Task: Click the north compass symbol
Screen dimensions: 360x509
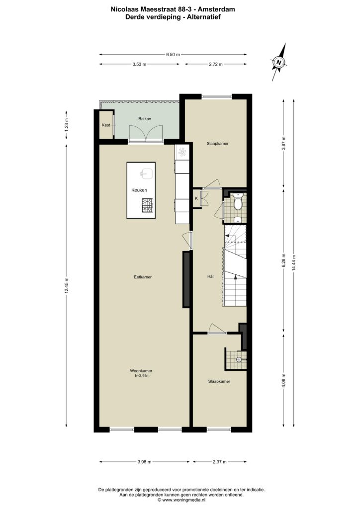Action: [x=279, y=62]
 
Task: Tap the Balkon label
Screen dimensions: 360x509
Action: [x=145, y=119]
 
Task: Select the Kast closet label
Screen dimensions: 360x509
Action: [x=106, y=125]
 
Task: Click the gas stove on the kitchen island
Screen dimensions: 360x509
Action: [x=147, y=205]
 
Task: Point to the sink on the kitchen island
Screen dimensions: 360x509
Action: [x=146, y=173]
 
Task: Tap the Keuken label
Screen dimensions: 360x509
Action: [x=139, y=190]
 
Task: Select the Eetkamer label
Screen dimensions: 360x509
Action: [x=143, y=277]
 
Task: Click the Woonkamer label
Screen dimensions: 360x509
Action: [x=141, y=371]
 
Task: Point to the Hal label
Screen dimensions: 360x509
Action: [x=210, y=276]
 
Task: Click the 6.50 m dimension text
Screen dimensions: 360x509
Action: [x=173, y=55]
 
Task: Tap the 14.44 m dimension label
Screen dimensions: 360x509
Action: [x=293, y=261]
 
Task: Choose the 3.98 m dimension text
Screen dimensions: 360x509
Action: [x=145, y=462]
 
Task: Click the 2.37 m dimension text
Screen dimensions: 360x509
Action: [x=219, y=462]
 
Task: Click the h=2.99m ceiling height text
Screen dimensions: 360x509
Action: [x=142, y=376]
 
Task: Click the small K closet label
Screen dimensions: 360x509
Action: [x=196, y=198]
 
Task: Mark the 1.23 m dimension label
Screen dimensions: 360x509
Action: [x=67, y=125]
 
